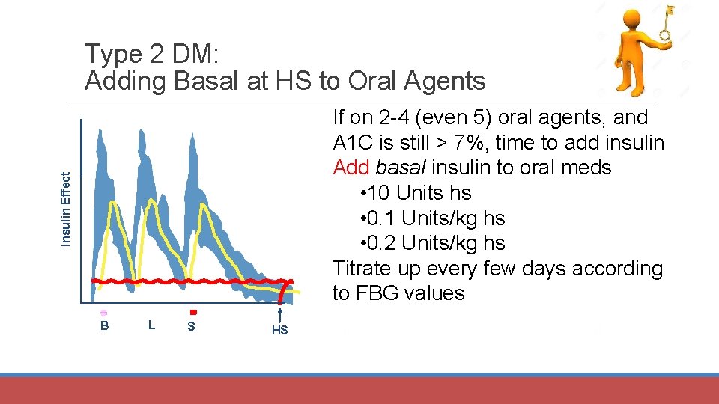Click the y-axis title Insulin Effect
click(x=65, y=209)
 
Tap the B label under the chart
click(x=105, y=325)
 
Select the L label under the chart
click(x=152, y=325)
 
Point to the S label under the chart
click(x=192, y=326)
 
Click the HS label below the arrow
click(x=279, y=331)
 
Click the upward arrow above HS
click(x=279, y=315)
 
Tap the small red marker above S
click(x=192, y=312)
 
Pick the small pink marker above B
click(x=104, y=313)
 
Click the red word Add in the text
click(x=351, y=168)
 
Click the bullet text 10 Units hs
click(x=416, y=193)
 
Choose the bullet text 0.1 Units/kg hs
click(x=432, y=218)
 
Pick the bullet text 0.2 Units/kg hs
click(x=432, y=243)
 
